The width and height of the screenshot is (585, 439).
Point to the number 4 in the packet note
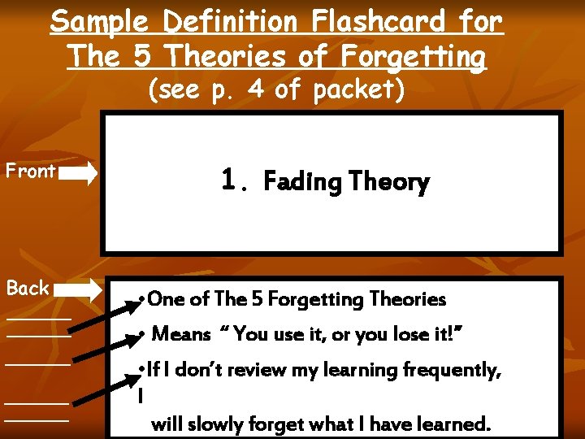(258, 89)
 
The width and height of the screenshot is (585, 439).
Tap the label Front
(30, 171)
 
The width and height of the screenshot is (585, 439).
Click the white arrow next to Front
(79, 172)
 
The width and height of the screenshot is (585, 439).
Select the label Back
(28, 288)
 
